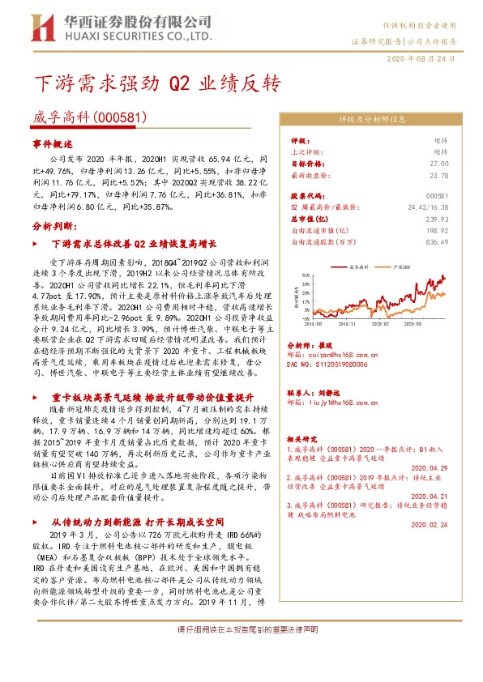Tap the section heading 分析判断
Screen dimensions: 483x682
coord(53,226)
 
